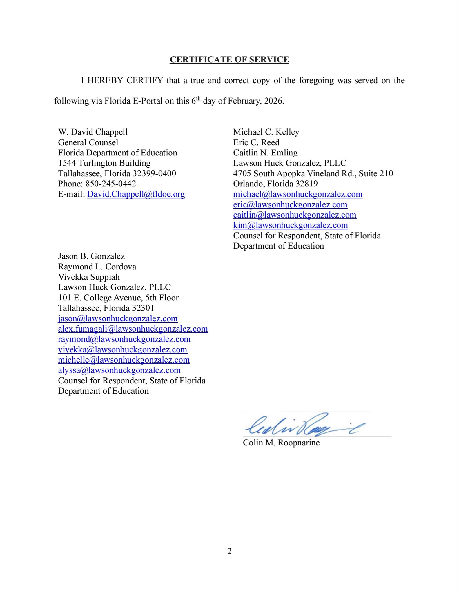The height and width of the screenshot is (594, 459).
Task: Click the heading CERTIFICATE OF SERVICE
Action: [x=229, y=59]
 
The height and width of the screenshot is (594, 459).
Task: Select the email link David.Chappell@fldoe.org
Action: [x=136, y=194]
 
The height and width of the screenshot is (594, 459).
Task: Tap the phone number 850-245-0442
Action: [x=110, y=184]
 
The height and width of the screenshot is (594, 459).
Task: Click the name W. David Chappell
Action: [x=93, y=132]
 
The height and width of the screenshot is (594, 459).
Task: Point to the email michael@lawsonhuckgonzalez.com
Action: [x=298, y=194]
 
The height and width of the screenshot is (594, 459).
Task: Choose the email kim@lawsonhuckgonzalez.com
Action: [x=291, y=225]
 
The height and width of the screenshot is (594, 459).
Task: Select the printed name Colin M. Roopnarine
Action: [x=281, y=443]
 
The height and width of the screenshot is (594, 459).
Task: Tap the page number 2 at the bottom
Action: [x=229, y=551]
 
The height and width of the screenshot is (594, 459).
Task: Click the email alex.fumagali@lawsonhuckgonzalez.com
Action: [x=133, y=329]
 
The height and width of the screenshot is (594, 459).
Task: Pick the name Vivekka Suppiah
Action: [x=89, y=277]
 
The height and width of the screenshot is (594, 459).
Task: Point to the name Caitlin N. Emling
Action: [x=265, y=153]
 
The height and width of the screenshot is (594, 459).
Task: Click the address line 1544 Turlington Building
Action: [x=104, y=163]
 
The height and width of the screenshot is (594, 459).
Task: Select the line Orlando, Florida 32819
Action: [x=275, y=184]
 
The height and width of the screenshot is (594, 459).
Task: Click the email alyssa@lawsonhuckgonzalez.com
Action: [x=119, y=370]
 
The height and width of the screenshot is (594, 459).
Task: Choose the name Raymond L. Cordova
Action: [x=97, y=267]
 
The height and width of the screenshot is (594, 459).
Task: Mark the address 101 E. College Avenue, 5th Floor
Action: [x=118, y=298]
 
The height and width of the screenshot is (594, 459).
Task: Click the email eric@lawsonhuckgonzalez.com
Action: [x=290, y=204]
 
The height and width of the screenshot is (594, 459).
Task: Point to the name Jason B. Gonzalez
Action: [x=91, y=256]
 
